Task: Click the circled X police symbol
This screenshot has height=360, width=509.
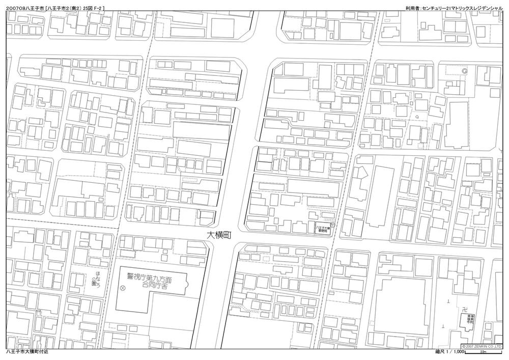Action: [122, 288]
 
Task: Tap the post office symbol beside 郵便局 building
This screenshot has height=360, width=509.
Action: [332, 225]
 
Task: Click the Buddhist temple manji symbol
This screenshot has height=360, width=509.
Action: [464, 309]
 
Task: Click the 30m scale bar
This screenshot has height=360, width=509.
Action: [483, 354]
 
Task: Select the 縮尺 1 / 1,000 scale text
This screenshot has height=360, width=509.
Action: [449, 352]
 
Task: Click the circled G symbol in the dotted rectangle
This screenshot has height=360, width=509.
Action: [465, 72]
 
